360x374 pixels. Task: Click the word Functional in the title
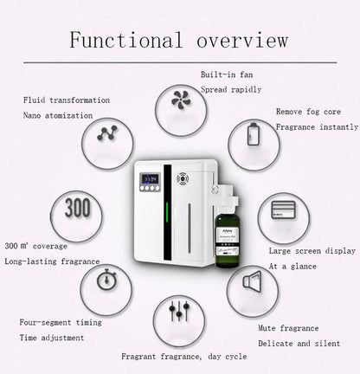click(125, 40)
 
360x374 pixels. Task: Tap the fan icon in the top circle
click(181, 100)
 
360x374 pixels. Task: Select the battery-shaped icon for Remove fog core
click(253, 136)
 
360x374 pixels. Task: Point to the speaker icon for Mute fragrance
click(252, 281)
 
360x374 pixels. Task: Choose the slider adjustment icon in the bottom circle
click(179, 310)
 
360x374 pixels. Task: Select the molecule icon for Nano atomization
click(107, 134)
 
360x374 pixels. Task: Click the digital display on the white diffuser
click(150, 179)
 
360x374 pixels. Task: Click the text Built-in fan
click(227, 74)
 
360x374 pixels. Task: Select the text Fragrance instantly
click(317, 126)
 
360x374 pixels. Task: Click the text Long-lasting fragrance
click(52, 261)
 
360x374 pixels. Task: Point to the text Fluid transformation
click(67, 100)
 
